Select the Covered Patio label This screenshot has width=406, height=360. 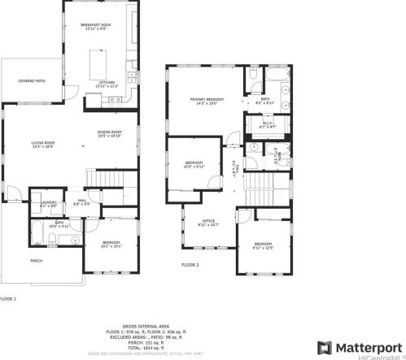coord(31,80)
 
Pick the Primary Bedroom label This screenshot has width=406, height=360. coord(207,100)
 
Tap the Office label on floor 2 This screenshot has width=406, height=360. coord(208,224)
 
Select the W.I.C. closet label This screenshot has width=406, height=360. coord(268,124)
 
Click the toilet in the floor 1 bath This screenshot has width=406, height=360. coord(51,238)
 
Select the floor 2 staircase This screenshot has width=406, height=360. coord(262,194)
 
